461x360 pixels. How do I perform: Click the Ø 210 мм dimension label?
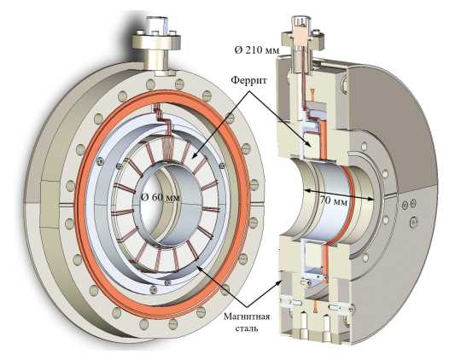[x=258, y=50]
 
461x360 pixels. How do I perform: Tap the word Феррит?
[x=248, y=80]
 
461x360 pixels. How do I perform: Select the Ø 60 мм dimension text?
[x=160, y=197]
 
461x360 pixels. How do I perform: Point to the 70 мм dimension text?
[x=334, y=201]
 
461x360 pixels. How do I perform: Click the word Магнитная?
[x=247, y=316]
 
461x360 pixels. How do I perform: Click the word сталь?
[x=247, y=328]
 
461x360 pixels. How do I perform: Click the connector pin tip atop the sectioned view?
[x=300, y=21]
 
